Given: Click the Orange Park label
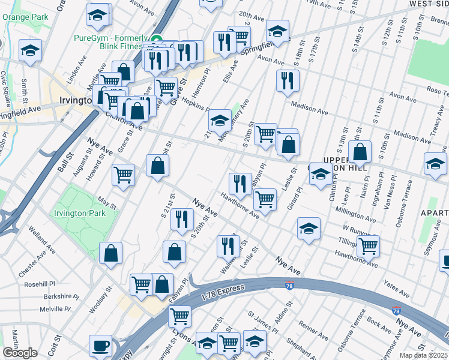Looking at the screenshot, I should [x=25, y=17].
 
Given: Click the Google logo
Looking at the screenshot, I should [x=20, y=353].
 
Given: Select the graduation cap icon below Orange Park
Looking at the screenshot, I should [x=30, y=51].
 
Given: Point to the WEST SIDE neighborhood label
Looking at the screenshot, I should [x=429, y=4].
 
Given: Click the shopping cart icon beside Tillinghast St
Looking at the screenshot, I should [x=367, y=245].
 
